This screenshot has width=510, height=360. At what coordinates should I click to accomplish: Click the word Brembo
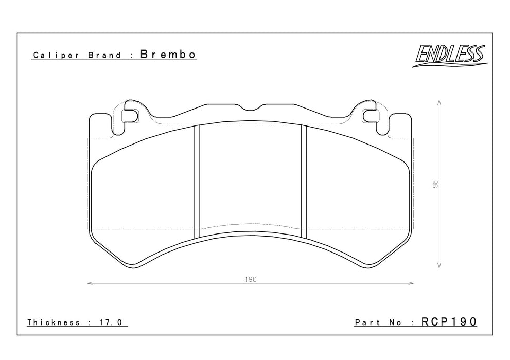pos(168,55)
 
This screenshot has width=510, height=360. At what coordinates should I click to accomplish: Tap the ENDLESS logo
pos(450,55)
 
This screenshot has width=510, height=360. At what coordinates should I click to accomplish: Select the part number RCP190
pos(449,321)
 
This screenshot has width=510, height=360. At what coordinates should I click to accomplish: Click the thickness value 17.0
pos(110,322)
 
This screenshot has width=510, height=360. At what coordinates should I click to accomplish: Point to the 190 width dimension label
pos(251,279)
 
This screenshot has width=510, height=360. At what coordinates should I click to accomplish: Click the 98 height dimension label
pos(435,184)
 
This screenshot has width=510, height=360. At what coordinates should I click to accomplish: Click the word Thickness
pos(54,322)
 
